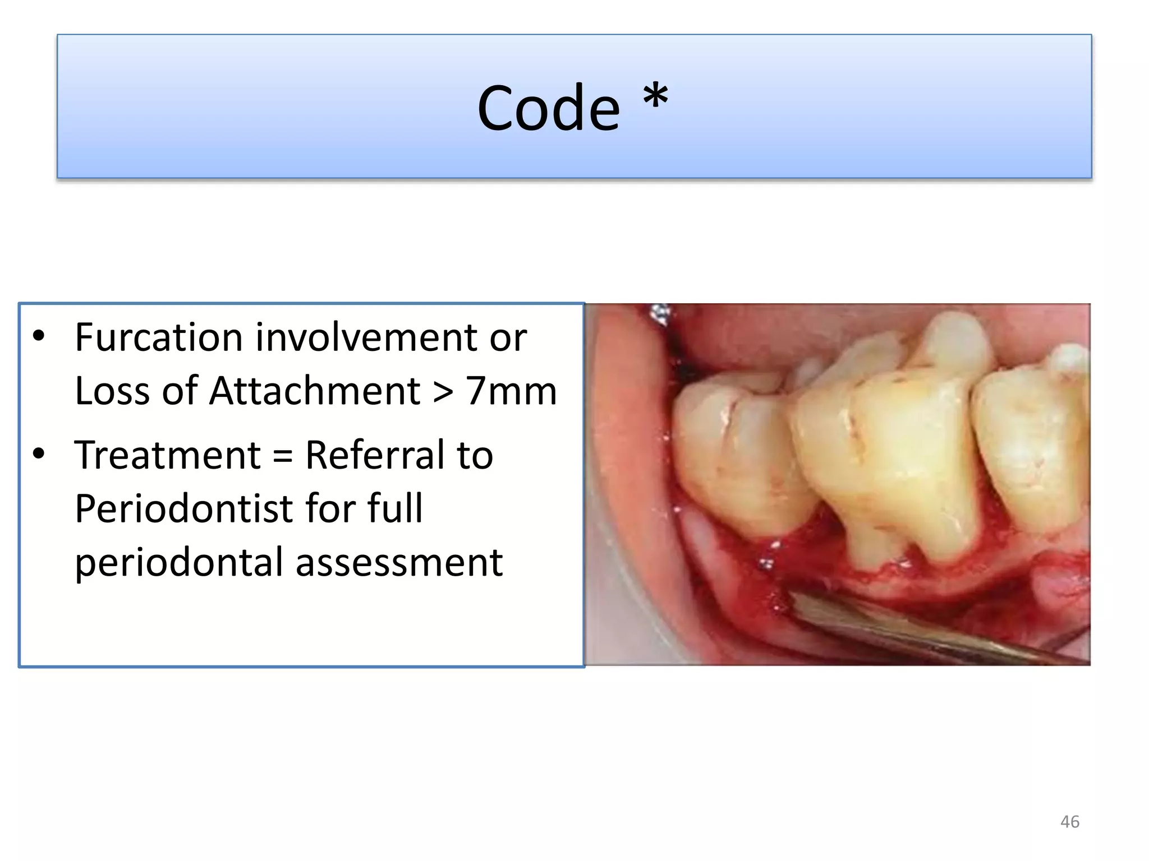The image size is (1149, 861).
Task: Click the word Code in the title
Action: (x=548, y=108)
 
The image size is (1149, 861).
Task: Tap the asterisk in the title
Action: (x=655, y=99)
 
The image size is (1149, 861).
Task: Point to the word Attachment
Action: (x=314, y=391)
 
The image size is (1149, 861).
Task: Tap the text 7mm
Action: (x=511, y=391)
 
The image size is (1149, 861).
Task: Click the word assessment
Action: (x=399, y=563)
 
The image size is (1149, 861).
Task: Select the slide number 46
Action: (x=1069, y=822)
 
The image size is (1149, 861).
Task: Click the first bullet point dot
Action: (x=38, y=336)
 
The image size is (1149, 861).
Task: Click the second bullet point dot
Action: (x=38, y=453)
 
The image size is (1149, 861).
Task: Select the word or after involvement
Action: (x=508, y=339)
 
